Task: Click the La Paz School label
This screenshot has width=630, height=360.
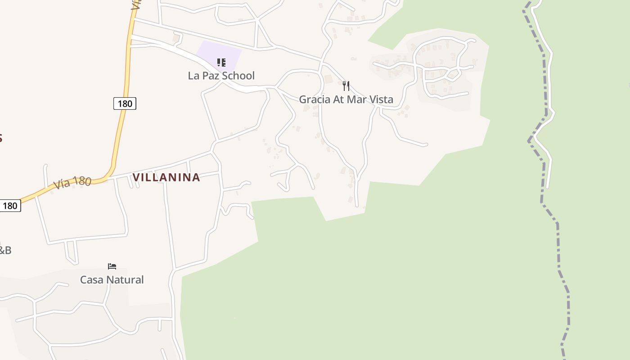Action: click(x=221, y=76)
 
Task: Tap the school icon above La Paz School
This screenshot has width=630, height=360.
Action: click(x=221, y=63)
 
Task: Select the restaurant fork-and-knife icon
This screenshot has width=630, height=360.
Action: click(x=346, y=85)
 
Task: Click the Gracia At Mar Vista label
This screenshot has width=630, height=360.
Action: click(x=346, y=99)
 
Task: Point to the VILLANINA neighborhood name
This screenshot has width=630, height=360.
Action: click(x=166, y=177)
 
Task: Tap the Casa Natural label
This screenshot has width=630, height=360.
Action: click(x=112, y=280)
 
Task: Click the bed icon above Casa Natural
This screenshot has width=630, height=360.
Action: click(x=112, y=266)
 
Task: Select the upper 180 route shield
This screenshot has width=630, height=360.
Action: click(x=125, y=104)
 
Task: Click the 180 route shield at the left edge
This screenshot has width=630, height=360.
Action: click(x=10, y=206)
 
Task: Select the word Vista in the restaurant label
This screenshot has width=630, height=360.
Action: click(x=380, y=99)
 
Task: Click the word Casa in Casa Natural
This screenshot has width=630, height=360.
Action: click(x=91, y=280)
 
